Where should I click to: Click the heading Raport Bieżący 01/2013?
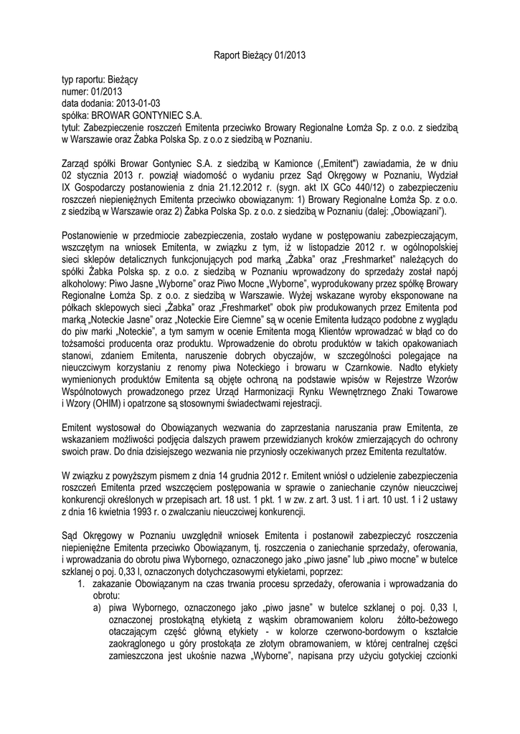[x=260, y=54]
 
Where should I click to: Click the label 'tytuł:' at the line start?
[x=72, y=124]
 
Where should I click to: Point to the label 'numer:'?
[x=75, y=91]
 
